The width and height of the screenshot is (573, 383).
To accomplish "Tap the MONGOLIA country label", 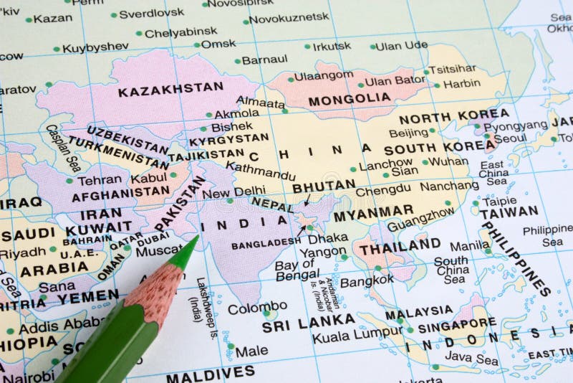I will (350, 98).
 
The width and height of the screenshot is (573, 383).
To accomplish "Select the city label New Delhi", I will (233, 191).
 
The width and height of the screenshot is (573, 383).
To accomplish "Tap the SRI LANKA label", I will (308, 323).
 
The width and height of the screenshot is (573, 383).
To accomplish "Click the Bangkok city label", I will (366, 281).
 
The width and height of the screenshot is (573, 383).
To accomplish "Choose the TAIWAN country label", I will (509, 212).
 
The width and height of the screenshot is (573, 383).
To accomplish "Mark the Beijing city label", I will (408, 133).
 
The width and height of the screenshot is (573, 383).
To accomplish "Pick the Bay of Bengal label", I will (297, 270).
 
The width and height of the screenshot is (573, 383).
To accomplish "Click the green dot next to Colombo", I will (266, 313).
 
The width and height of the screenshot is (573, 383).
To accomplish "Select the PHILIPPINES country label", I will (515, 259).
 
